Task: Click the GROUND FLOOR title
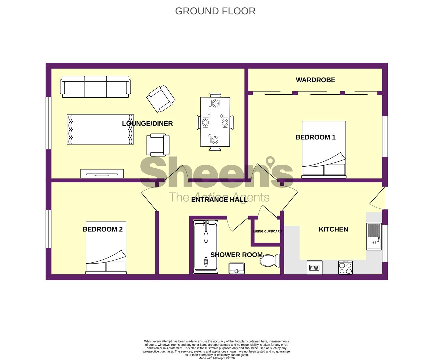[x=215, y=11]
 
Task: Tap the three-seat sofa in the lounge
[x=95, y=87]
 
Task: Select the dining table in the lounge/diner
[x=215, y=122]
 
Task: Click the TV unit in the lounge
[x=102, y=174]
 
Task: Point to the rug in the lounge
[x=100, y=129]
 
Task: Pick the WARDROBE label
[x=315, y=80]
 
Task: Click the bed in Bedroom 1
[x=324, y=150]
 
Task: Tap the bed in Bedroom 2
[x=106, y=248]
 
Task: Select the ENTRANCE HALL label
[x=219, y=199]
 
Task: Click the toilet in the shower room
[x=270, y=261]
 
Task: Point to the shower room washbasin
[x=237, y=268]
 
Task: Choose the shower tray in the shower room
[x=206, y=247]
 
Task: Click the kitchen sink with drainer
[x=374, y=236]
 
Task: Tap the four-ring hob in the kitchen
[x=345, y=268]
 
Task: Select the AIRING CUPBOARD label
[x=267, y=231]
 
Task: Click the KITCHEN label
[x=333, y=229]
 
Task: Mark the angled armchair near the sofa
[x=161, y=99]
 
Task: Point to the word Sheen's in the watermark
[x=217, y=172]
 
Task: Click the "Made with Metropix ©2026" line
[x=217, y=358]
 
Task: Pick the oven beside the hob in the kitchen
[x=314, y=268]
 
